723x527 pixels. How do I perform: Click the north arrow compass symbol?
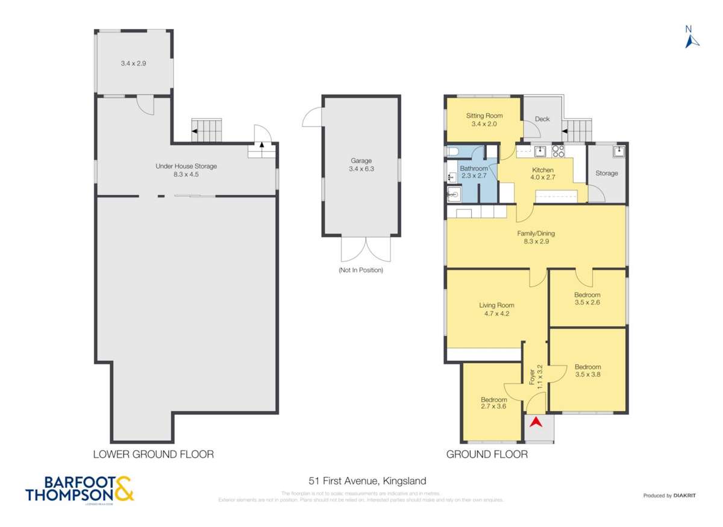tap(691, 37)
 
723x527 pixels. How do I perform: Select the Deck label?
tap(542, 119)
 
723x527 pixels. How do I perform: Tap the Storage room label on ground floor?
tap(606, 173)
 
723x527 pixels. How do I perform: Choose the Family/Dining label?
tap(536, 237)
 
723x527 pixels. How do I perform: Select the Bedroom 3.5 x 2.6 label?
tap(587, 299)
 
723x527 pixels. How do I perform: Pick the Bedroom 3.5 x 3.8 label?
tap(587, 371)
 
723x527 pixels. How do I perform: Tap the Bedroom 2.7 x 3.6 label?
tap(493, 404)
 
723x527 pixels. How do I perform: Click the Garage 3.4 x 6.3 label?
tap(361, 165)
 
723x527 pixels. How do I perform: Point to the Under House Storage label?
tap(186, 170)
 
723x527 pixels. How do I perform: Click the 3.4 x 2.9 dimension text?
tap(133, 63)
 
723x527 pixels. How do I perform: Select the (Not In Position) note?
tap(360, 270)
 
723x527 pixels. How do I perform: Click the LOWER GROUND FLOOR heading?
tap(153, 454)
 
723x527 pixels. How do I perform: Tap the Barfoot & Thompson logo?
tap(80, 489)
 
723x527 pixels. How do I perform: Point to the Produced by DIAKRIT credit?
tap(669, 496)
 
